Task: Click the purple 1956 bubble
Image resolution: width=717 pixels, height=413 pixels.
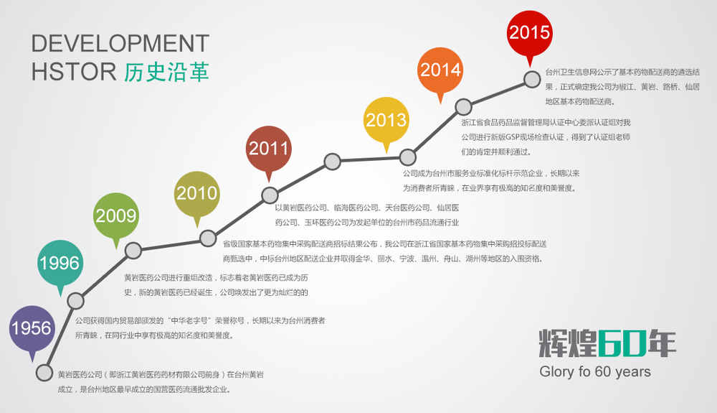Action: [x=32, y=329]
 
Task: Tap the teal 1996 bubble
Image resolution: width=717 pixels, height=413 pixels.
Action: [x=60, y=264]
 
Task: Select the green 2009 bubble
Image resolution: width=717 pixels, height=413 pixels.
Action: [x=116, y=216]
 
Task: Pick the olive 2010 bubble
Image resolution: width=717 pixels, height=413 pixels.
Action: [x=197, y=194]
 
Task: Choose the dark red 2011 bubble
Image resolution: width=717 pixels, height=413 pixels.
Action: [x=269, y=149]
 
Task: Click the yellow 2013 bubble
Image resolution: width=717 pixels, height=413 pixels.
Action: [x=386, y=120]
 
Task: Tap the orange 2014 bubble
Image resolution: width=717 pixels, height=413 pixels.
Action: [x=440, y=70]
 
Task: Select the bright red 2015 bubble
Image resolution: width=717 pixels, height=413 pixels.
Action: [x=530, y=33]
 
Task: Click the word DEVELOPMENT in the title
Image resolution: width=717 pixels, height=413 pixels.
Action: [x=120, y=44]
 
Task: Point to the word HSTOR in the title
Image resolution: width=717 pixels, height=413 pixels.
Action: [x=74, y=72]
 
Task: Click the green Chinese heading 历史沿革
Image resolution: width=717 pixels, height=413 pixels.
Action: [x=166, y=72]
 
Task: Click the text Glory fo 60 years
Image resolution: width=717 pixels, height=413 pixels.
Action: [x=595, y=371]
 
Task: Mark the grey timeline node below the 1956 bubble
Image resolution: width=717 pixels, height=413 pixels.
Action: [x=44, y=373]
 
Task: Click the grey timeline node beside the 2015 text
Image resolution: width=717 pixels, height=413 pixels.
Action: [x=532, y=79]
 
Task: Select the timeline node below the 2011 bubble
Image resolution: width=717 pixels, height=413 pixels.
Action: [x=270, y=195]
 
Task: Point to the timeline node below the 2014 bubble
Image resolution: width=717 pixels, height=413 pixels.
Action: [x=463, y=107]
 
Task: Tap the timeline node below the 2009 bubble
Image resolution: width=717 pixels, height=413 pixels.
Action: [x=133, y=251]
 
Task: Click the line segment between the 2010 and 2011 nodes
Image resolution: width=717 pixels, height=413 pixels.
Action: [x=239, y=217]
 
